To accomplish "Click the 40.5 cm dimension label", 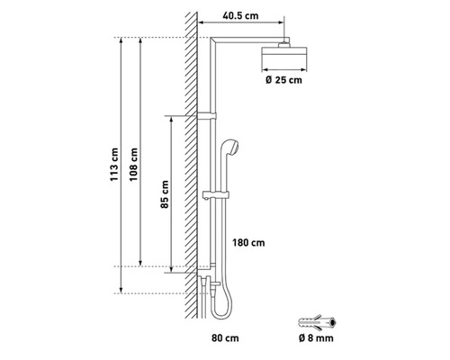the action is pos(240,16).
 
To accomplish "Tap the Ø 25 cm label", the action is pos(283,80).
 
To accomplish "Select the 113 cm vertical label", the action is pos(114,165).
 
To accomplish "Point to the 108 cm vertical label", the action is pos(133,165).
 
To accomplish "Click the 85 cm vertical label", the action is pos(165,194).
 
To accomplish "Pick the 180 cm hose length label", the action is pos(248,243).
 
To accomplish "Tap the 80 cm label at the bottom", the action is pos(225,338).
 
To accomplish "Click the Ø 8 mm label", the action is pos(316,338).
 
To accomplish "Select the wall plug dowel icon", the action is pos(317,322).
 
